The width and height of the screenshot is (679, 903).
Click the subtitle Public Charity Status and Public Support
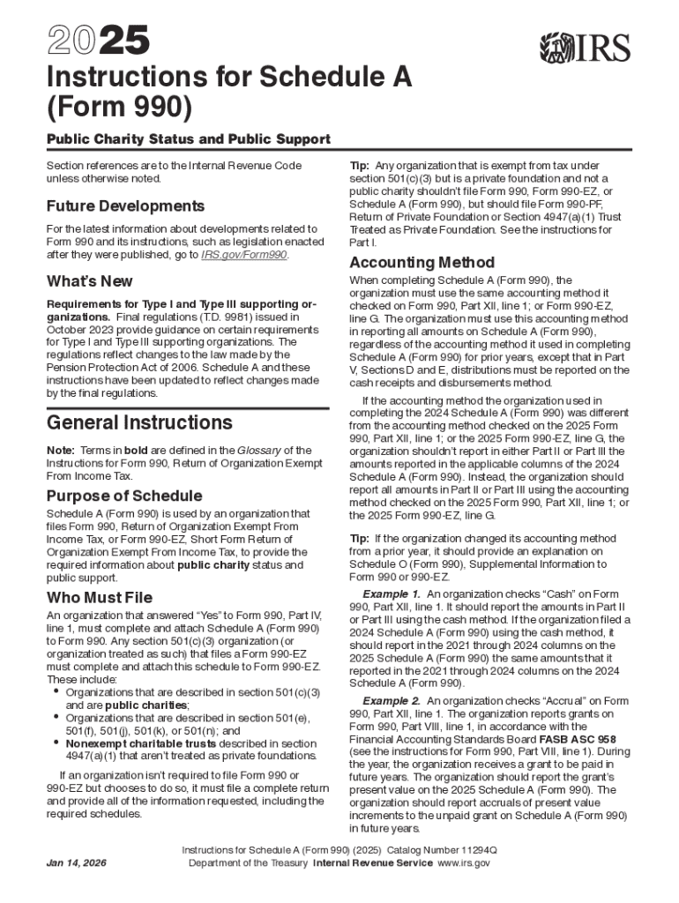click(188, 139)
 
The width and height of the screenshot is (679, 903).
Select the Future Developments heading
click(125, 205)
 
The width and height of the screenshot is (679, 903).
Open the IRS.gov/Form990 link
click(244, 255)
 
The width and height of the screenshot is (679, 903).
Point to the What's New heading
click(90, 281)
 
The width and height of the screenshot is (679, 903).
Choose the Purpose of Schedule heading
click(124, 495)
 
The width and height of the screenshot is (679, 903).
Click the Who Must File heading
click(99, 598)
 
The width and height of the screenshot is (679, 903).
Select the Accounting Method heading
click(422, 262)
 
